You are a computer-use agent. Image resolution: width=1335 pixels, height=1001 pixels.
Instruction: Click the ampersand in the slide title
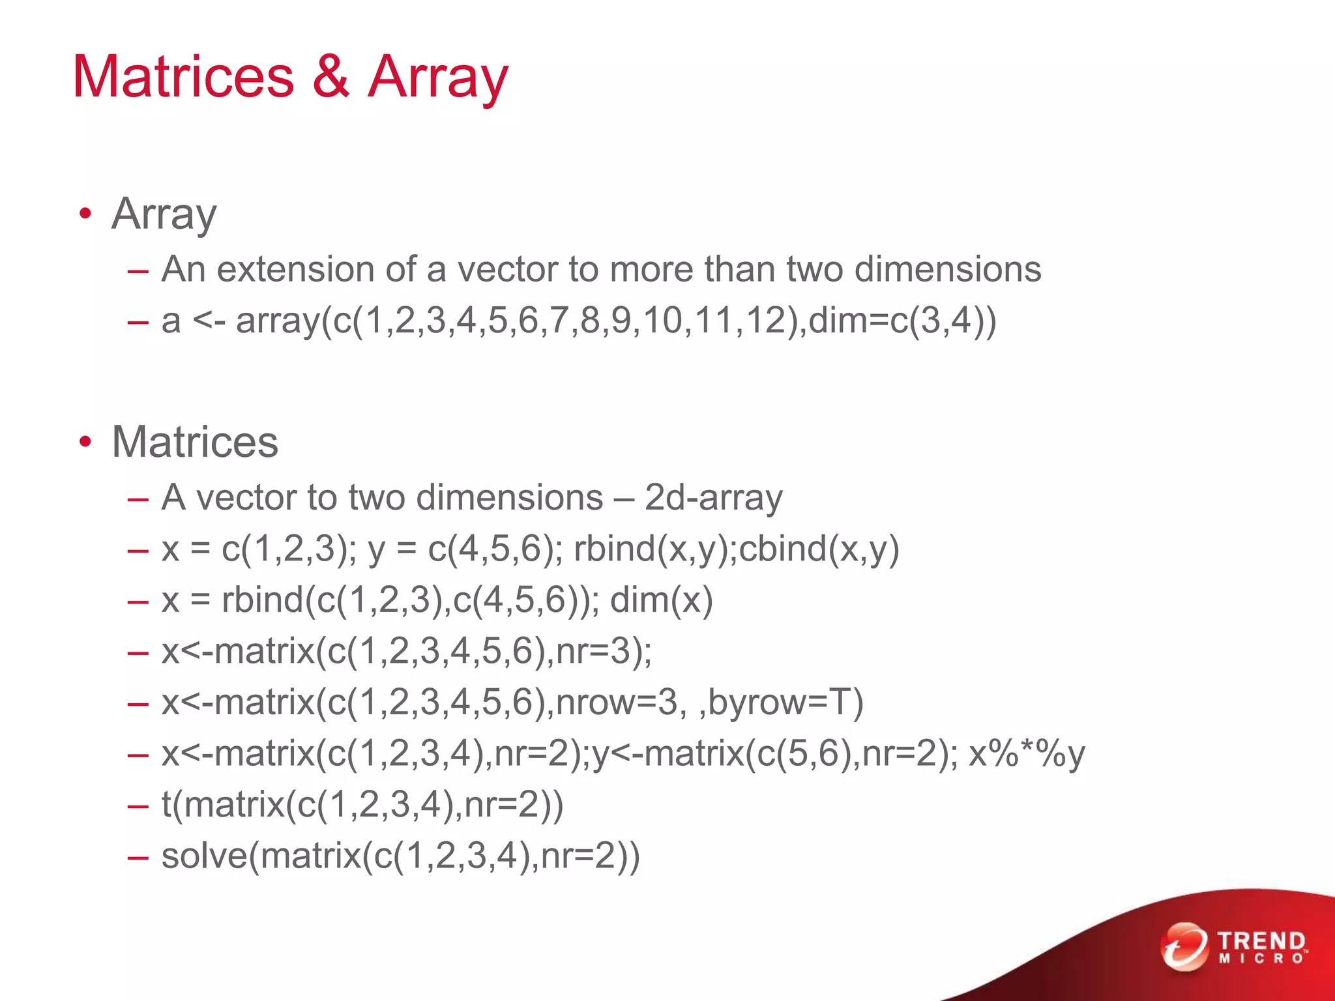(331, 77)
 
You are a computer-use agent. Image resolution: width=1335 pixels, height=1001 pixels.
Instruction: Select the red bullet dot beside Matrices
(85, 442)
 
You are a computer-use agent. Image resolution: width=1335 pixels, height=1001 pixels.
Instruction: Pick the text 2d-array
(713, 498)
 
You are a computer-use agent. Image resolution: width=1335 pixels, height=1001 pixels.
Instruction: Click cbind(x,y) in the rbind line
(819, 549)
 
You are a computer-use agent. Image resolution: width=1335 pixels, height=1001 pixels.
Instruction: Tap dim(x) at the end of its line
(661, 600)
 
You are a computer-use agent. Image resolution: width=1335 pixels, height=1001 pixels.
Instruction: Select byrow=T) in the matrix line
(785, 703)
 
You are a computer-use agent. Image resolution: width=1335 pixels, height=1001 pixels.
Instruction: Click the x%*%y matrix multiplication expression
(1027, 754)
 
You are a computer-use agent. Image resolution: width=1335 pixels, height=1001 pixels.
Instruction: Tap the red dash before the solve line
(138, 856)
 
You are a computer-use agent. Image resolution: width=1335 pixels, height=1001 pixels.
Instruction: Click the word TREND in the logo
(1261, 941)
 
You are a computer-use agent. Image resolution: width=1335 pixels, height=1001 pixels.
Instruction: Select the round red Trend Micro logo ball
(1184, 946)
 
